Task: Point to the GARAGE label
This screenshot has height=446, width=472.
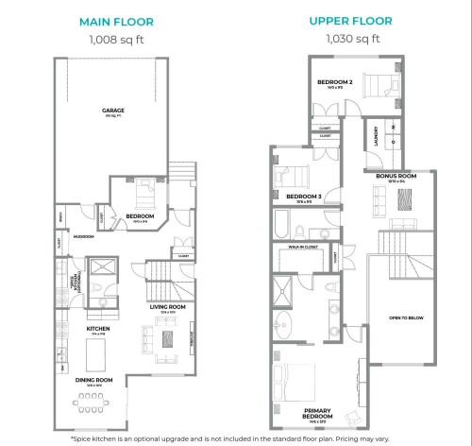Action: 113,111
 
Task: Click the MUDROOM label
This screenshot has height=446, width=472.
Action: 83,236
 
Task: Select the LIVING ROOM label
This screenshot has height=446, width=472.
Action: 167,307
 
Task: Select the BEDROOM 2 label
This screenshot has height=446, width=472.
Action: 335,82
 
